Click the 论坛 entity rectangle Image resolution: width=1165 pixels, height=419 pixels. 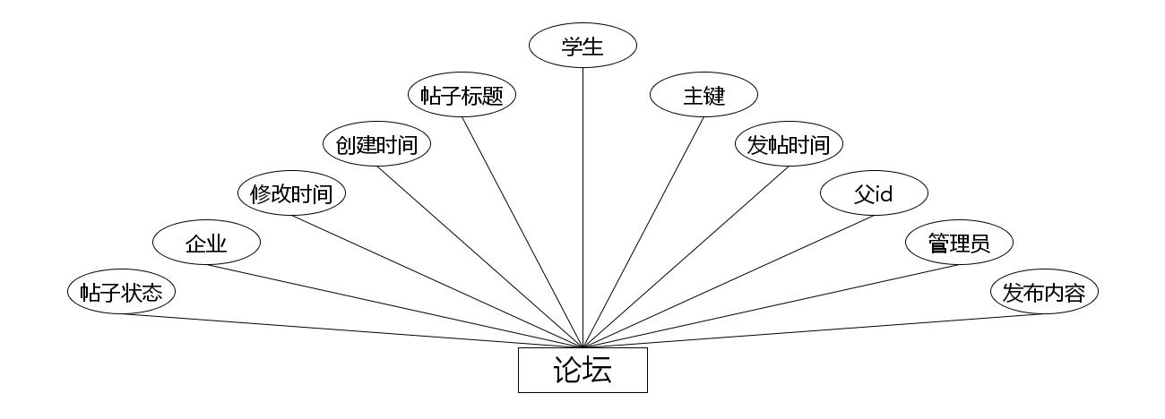tap(582, 370)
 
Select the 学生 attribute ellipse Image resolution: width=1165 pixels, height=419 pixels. tap(582, 47)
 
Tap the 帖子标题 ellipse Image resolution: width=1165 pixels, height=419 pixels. tap(462, 96)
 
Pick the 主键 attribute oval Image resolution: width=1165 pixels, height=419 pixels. tap(703, 96)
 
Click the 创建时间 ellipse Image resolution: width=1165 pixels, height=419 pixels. tap(376, 145)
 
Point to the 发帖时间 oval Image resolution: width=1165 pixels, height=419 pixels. tap(789, 145)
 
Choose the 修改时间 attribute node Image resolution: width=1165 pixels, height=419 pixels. tap(291, 193)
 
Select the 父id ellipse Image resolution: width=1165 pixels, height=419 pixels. tap(874, 193)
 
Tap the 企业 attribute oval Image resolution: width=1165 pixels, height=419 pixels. tap(206, 243)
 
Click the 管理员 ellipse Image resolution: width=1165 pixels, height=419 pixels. tap(959, 243)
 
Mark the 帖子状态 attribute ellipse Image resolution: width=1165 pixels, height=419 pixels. tap(121, 293)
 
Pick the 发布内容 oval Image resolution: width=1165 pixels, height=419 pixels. tap(1044, 293)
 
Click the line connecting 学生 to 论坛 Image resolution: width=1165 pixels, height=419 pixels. tap(582, 206)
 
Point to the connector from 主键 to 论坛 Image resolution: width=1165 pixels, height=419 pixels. tap(643, 232)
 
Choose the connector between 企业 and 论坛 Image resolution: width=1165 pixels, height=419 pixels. tap(394, 305)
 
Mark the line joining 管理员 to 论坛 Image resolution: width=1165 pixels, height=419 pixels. tap(771, 305)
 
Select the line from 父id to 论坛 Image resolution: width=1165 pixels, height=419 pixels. tap(728, 280)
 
